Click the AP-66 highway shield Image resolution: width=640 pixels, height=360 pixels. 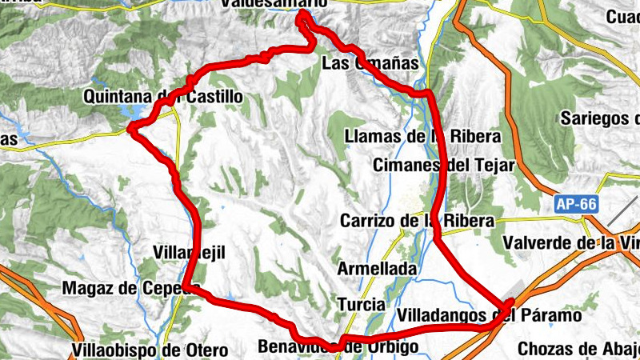(x=576, y=205)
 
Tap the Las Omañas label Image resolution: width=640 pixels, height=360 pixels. (x=370, y=62)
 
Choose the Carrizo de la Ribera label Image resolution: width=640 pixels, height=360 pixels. (x=417, y=221)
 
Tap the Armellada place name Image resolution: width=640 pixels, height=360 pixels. (x=377, y=270)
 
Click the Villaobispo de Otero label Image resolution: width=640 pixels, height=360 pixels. (x=149, y=350)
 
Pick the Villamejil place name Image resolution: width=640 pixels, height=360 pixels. (x=189, y=253)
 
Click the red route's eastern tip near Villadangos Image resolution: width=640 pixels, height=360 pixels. (x=510, y=302)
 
